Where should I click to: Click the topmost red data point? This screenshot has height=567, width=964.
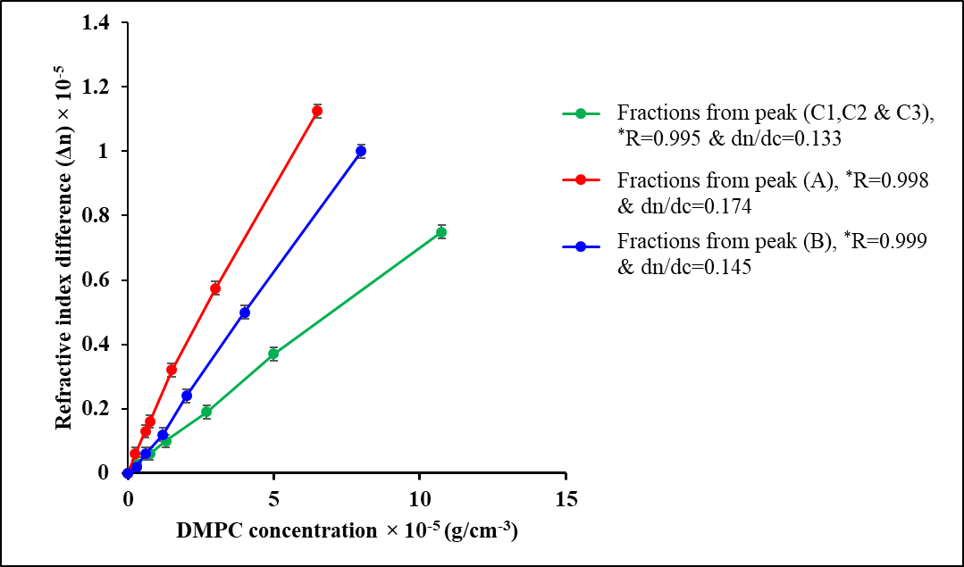pos(317,111)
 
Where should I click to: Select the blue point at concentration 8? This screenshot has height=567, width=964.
pos(361,151)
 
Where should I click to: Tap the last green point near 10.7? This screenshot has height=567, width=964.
pos(441,232)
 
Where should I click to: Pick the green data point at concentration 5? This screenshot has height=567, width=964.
pos(273,354)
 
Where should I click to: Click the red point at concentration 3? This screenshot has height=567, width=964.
pos(215,288)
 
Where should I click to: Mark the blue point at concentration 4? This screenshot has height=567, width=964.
pos(245,313)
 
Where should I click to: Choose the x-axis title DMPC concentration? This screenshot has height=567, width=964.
pos(348,530)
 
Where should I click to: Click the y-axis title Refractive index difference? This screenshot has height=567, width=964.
pos(63,247)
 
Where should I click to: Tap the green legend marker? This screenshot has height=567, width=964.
pos(582,113)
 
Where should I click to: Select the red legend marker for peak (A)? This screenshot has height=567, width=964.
pos(582,179)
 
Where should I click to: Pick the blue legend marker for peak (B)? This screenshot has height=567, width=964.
pos(582,244)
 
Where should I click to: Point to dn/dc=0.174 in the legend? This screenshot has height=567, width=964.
pos(683,205)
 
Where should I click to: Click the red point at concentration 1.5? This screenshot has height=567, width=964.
pos(172,370)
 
